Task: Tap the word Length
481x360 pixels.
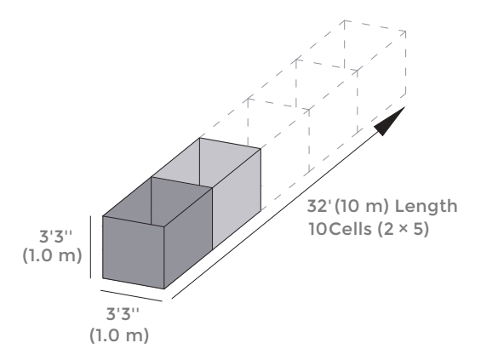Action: coord(427,206)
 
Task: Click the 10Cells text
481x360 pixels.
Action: coord(340,229)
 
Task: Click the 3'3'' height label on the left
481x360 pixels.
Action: coord(56,237)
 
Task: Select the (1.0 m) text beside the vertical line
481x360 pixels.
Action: coord(52,255)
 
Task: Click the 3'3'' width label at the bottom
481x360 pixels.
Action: coord(123,314)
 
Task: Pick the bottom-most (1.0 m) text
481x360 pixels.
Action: coord(119,335)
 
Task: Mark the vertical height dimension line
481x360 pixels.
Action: coord(90,247)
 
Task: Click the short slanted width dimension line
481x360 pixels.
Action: coord(131,295)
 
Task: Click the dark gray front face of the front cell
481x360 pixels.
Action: coord(133,253)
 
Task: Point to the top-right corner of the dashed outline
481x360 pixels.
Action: coord(406,31)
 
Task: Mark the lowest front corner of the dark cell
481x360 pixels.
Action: coord(163,289)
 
